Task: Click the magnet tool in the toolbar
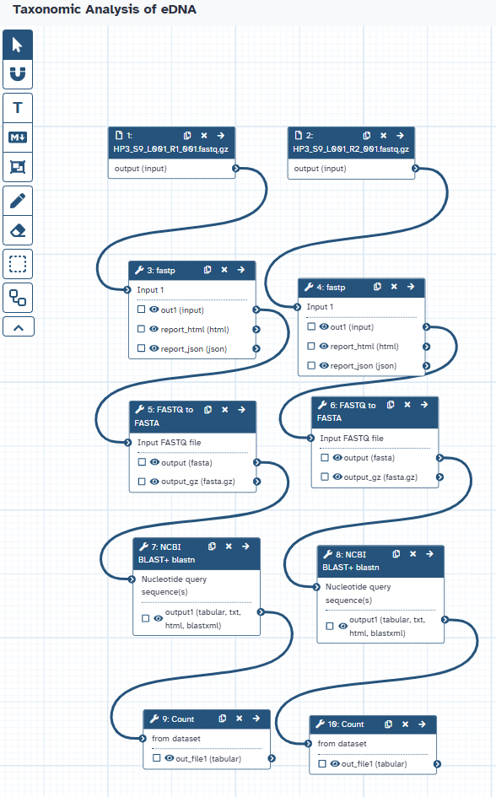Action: (x=18, y=74)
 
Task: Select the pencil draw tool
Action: (x=18, y=200)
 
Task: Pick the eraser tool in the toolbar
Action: (x=18, y=231)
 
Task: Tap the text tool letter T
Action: (x=18, y=108)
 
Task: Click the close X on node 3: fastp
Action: (x=224, y=270)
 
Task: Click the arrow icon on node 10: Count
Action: (x=422, y=724)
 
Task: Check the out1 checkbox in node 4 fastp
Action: (x=311, y=326)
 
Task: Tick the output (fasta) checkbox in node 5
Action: (x=142, y=462)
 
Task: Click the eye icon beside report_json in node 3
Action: (x=154, y=348)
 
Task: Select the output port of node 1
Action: (x=236, y=168)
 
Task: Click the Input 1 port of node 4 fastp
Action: (x=298, y=306)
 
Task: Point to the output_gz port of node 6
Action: (x=440, y=477)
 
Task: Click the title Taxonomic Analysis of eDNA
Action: (x=105, y=9)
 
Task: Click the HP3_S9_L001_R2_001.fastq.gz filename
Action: (x=351, y=149)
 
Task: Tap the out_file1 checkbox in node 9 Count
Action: (x=157, y=758)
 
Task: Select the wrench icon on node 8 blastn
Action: (x=328, y=554)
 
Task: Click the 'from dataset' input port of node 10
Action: (x=308, y=744)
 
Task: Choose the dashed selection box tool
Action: (x=18, y=264)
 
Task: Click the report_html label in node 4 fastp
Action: (x=364, y=346)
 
